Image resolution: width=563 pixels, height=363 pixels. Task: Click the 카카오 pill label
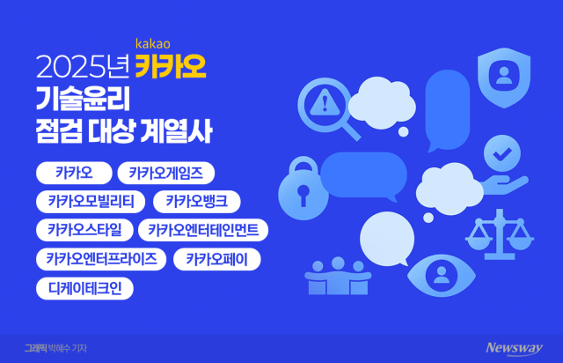[72, 173]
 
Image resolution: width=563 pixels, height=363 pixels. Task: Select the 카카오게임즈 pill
[166, 173]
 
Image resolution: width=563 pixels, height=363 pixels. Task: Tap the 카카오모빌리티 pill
[91, 202]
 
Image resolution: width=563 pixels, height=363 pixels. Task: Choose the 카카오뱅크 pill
[196, 202]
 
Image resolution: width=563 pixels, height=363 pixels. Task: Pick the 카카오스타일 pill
[84, 231]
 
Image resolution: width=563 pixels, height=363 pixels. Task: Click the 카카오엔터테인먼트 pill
[203, 231]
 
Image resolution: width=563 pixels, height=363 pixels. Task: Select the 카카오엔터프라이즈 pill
[101, 259]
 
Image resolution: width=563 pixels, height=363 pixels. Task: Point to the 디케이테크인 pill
[85, 288]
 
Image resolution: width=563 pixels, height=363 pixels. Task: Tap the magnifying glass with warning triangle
[327, 107]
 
